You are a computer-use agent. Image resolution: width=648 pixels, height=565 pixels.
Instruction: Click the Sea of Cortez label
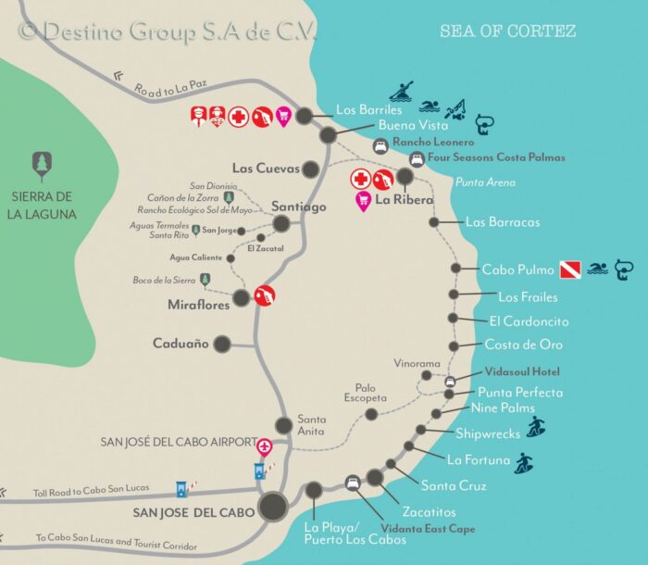[x=507, y=31]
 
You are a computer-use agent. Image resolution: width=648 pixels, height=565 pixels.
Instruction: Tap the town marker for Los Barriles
[x=304, y=115]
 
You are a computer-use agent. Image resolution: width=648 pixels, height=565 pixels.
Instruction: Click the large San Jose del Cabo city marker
[x=272, y=506]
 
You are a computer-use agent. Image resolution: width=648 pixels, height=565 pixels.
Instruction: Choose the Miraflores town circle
[x=242, y=297]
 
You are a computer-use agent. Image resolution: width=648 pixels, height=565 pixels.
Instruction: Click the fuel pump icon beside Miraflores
[x=265, y=295]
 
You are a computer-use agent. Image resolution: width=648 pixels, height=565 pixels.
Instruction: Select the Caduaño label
[x=181, y=343]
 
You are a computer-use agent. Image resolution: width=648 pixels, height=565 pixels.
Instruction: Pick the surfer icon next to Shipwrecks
[x=536, y=427]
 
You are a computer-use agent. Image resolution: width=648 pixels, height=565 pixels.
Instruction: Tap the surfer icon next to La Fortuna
[x=525, y=462]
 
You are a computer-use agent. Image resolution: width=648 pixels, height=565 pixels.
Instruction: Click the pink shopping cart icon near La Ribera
[x=363, y=200]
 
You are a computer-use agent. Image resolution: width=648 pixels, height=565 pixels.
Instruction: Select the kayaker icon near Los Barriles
[x=401, y=92]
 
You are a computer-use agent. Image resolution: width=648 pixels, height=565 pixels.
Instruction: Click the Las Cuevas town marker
[x=311, y=169]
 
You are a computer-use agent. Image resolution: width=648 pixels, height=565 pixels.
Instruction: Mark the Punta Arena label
[x=485, y=182]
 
